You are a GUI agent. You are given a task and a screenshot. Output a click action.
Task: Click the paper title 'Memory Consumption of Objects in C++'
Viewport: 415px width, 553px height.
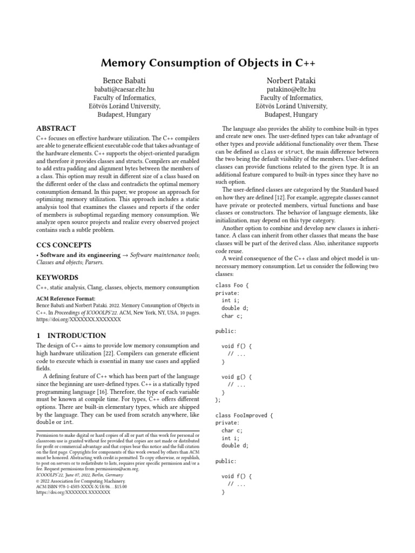click(x=207, y=63)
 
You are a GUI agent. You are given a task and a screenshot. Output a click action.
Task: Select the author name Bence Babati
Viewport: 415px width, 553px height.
click(x=124, y=80)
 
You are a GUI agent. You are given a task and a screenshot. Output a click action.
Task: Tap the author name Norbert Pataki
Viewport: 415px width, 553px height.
click(x=291, y=80)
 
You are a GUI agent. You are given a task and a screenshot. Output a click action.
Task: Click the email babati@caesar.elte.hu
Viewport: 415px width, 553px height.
click(x=124, y=89)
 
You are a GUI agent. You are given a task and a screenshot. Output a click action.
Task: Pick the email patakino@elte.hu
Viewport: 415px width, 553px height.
click(x=291, y=89)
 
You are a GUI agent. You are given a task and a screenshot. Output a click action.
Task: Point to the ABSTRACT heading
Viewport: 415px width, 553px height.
click(x=56, y=129)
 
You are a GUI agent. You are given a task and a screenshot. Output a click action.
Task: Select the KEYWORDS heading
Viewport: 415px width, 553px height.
click(x=57, y=278)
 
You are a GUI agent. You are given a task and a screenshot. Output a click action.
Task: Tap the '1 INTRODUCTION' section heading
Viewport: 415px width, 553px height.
click(x=71, y=335)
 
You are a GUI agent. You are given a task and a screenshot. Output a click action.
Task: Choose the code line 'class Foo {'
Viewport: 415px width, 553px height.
click(x=232, y=285)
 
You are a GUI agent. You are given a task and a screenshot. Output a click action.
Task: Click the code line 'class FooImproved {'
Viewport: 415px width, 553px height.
click(x=245, y=415)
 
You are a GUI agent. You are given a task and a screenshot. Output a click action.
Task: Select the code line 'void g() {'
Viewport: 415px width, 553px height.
click(x=236, y=377)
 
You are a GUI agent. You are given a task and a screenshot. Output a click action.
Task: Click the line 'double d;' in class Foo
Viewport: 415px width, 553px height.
click(x=235, y=308)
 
